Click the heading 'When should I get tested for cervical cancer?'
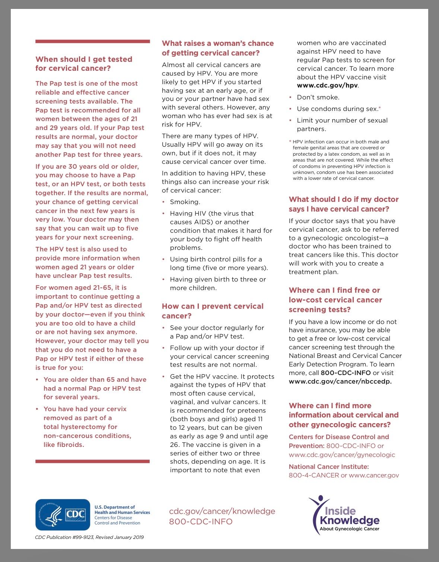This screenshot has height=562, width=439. click(84, 64)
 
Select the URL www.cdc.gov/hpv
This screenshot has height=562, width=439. click(327, 86)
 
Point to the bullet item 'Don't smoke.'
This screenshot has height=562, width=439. click(318, 97)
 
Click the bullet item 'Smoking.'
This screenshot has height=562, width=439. click(185, 202)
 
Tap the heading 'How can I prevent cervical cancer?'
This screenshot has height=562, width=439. click(213, 311)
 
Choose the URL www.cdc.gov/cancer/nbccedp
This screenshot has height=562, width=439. click(340, 381)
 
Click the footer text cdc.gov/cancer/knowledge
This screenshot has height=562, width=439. click(222, 511)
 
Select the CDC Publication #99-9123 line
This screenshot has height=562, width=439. click(89, 537)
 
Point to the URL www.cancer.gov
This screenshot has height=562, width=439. click(374, 475)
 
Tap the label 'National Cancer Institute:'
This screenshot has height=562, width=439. click(329, 467)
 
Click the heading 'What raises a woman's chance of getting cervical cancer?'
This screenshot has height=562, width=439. click(217, 48)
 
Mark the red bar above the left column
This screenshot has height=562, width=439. click(92, 41)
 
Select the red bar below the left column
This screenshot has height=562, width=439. click(92, 461)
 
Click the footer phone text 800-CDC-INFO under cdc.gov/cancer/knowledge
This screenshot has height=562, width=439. click(201, 521)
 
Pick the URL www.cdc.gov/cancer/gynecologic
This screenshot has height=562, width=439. click(342, 455)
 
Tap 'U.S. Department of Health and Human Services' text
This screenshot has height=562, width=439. click(122, 509)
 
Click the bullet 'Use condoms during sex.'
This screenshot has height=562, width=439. click(337, 109)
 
